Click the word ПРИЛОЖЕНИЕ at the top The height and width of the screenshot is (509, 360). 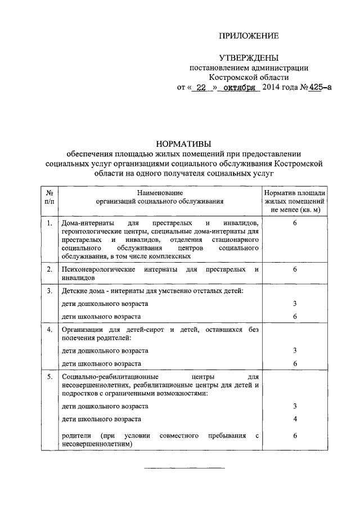(249, 37)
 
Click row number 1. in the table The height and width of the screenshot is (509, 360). (49, 224)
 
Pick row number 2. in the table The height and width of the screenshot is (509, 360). (49, 269)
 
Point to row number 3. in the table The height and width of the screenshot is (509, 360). (49, 291)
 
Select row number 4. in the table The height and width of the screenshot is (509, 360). (49, 329)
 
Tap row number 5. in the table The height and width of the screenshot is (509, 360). (49, 375)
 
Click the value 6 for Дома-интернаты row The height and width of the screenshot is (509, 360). (295, 224)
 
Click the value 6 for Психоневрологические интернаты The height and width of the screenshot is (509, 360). (295, 269)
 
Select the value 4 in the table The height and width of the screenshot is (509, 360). (295, 419)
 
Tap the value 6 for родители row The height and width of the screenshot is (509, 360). (295, 435)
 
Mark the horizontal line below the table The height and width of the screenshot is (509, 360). (185, 468)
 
